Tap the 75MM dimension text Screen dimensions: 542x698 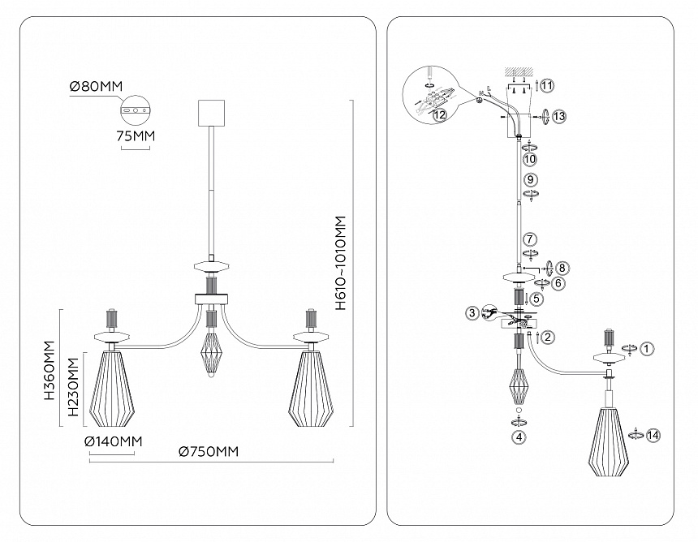pyautogui.click(x=136, y=135)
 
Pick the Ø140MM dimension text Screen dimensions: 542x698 pyautogui.click(x=113, y=441)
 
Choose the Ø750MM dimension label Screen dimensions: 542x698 pyautogui.click(x=209, y=452)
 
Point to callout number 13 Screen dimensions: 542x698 pyautogui.click(x=559, y=117)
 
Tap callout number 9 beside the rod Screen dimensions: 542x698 pyautogui.click(x=530, y=179)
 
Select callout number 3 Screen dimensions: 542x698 pyautogui.click(x=472, y=312)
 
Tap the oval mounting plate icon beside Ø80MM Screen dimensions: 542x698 pyautogui.click(x=136, y=108)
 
